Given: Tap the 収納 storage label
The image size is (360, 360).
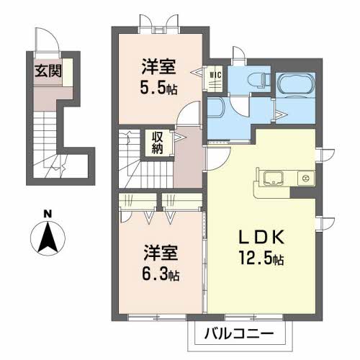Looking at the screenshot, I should pyautogui.click(x=157, y=142).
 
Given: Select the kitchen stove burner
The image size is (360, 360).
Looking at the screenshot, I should pyautogui.click(x=305, y=179).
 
